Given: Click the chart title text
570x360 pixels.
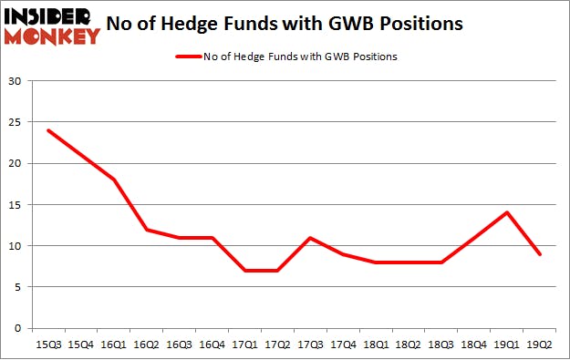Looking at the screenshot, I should (x=284, y=24).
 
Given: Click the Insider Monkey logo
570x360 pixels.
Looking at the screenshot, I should (x=52, y=25).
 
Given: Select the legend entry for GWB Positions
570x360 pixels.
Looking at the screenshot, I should (x=285, y=57).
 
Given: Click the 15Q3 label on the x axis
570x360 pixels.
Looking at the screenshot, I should (x=47, y=344).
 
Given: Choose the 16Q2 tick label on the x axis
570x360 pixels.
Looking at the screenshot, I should (x=146, y=344).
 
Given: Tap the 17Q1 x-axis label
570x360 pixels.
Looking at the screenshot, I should (x=244, y=344).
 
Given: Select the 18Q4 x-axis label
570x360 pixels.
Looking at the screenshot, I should (x=474, y=344).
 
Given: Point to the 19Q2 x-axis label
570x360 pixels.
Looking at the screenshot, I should (x=540, y=344).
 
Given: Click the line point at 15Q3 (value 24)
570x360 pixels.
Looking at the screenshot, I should (x=47, y=130).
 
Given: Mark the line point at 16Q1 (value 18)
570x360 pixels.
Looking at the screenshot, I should (x=113, y=180).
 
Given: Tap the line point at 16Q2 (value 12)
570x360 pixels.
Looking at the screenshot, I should (x=146, y=229).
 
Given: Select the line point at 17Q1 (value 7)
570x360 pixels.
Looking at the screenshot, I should (x=244, y=271).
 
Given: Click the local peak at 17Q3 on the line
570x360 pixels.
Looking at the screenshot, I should (x=310, y=238).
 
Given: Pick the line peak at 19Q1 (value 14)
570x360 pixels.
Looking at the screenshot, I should (x=507, y=212).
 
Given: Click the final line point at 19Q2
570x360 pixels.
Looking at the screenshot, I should (x=540, y=254).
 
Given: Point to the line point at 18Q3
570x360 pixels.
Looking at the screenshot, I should (x=441, y=262).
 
